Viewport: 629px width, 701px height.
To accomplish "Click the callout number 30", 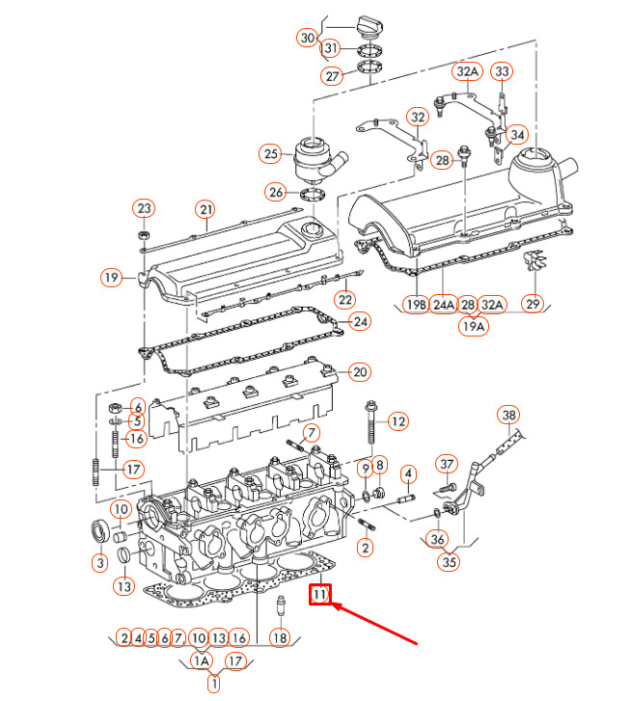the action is click(x=308, y=38).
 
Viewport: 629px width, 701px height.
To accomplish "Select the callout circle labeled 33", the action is click(x=502, y=71).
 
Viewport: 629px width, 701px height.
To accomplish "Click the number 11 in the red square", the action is click(x=320, y=595).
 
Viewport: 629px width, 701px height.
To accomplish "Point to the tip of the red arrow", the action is click(x=332, y=605).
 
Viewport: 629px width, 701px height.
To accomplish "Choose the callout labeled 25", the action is click(x=271, y=154).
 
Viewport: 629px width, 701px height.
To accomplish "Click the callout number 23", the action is click(x=144, y=208).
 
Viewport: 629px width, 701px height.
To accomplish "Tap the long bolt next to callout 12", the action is click(x=370, y=422).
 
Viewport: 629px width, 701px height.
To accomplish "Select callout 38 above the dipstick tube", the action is click(x=509, y=415).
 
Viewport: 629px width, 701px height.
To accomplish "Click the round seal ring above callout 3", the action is click(x=99, y=531).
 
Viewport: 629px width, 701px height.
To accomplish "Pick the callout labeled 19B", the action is click(x=416, y=305).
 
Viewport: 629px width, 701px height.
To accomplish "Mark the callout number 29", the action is click(x=533, y=304).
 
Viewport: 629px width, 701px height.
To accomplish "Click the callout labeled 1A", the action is click(x=202, y=661).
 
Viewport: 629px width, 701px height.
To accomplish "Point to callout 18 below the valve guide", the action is click(x=280, y=637).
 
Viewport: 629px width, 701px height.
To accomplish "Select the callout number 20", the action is click(x=360, y=372).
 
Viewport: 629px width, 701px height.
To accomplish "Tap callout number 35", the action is click(x=449, y=562).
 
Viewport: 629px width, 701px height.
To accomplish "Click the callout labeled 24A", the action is click(x=444, y=305).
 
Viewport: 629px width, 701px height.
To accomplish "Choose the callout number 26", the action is click(x=276, y=193).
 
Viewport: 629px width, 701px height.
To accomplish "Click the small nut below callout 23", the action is click(x=144, y=235).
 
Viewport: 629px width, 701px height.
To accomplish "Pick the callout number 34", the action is click(x=517, y=135).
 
